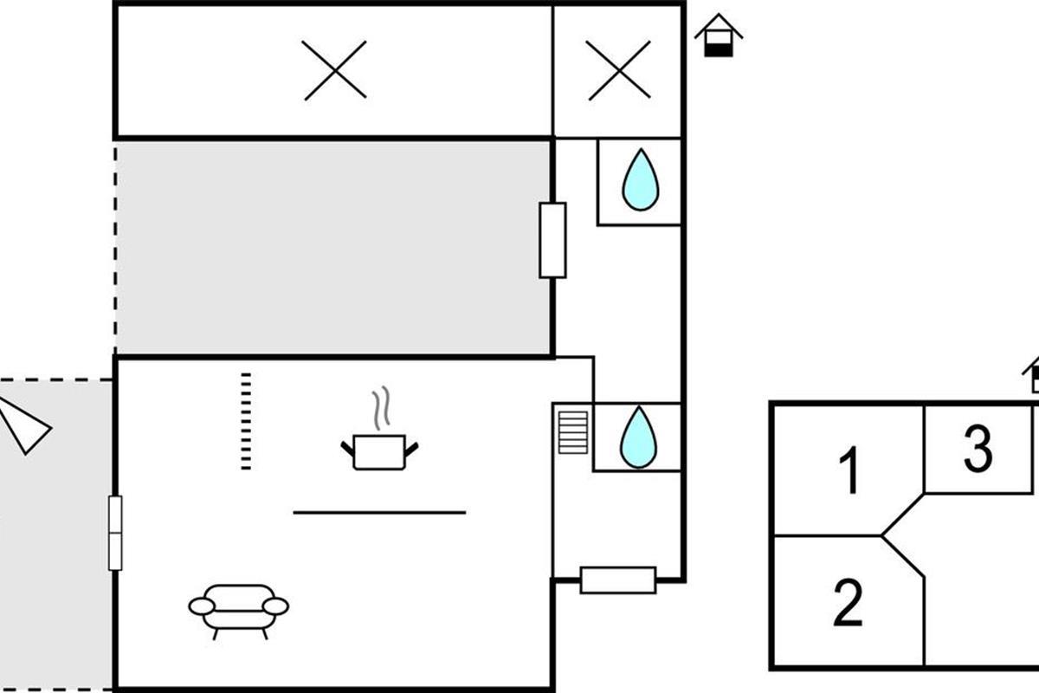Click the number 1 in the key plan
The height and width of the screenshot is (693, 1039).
click(x=851, y=471)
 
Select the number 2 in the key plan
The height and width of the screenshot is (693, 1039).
click(x=849, y=603)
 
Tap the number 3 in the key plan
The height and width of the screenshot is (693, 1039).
click(x=978, y=450)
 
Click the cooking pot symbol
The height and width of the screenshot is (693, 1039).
click(x=379, y=451)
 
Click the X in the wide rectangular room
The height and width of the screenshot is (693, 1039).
click(x=335, y=70)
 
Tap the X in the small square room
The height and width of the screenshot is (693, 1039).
click(x=619, y=70)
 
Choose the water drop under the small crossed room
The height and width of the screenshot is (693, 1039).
click(x=641, y=180)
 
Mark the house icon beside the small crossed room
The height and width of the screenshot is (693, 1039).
click(x=719, y=36)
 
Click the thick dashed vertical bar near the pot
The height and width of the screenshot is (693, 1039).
click(x=246, y=421)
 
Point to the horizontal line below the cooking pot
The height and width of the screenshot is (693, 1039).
click(x=379, y=513)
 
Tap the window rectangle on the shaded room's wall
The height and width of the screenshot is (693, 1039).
click(x=552, y=240)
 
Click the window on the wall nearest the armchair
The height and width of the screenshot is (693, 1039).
click(x=115, y=533)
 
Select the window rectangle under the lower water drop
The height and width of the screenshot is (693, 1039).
click(x=618, y=580)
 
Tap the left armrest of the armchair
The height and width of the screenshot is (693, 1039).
click(x=201, y=606)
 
